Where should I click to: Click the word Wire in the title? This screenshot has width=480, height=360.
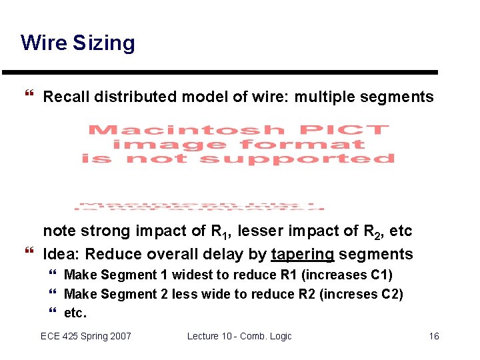(44, 43)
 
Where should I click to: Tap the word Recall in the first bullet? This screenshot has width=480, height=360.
(66, 97)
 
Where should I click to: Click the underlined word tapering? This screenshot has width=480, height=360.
(303, 255)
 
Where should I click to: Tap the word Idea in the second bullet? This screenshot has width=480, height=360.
(62, 254)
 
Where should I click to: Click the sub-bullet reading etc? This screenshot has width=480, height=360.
(75, 313)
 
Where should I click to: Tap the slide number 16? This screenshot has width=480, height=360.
(433, 336)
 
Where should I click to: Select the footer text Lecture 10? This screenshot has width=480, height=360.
(212, 336)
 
